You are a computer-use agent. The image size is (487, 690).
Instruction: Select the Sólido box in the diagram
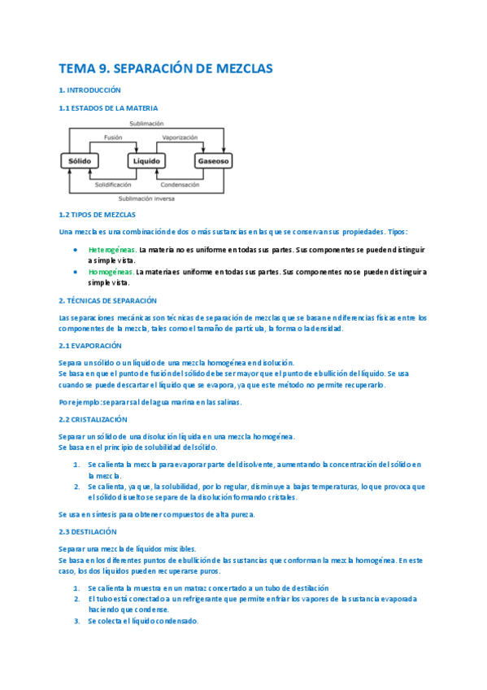(80, 161)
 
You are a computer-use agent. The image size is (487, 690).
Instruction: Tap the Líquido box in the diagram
(147, 161)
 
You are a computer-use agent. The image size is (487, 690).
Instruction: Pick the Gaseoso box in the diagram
(214, 161)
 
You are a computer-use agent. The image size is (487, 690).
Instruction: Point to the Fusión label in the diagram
(113, 138)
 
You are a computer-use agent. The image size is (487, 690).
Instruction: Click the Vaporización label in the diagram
(180, 138)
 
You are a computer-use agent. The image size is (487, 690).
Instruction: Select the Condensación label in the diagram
(180, 185)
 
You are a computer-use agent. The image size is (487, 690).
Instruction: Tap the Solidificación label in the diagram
(113, 185)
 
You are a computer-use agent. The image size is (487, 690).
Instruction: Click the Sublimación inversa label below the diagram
(146, 199)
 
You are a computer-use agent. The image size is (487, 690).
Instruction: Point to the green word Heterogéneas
(112, 249)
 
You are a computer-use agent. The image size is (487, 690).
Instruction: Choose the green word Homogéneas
(111, 272)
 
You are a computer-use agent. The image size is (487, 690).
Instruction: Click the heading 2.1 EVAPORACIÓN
(89, 346)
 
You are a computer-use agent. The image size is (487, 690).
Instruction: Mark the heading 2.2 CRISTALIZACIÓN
(93, 419)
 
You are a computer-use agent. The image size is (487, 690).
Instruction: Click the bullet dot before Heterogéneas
(76, 249)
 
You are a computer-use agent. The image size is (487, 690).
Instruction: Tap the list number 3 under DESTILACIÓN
(76, 621)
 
